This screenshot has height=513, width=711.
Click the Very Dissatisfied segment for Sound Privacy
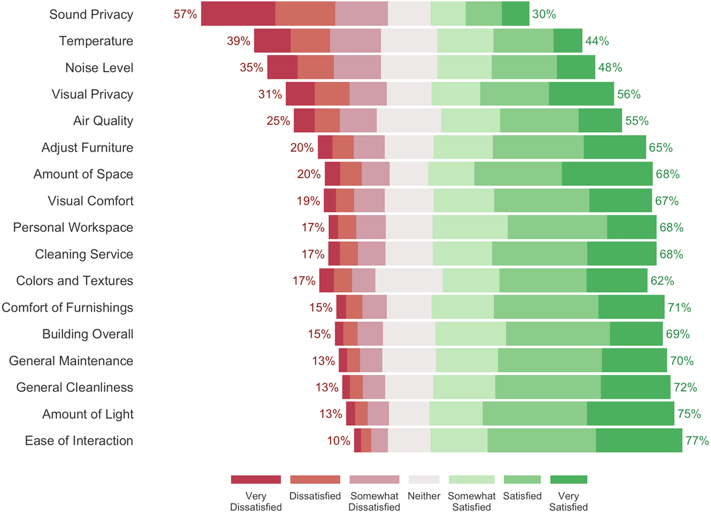pyautogui.click(x=238, y=14)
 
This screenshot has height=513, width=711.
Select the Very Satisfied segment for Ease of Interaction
pyautogui.click(x=639, y=441)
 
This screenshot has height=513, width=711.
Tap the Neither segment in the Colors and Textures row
pyautogui.click(x=409, y=281)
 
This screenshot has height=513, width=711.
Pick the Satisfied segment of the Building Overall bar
pyautogui.click(x=558, y=334)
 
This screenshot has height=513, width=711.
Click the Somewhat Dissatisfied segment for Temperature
pyautogui.click(x=355, y=41)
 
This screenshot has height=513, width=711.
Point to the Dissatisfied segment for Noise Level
pyautogui.click(x=316, y=68)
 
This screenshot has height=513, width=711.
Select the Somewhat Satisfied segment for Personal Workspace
pyautogui.click(x=470, y=227)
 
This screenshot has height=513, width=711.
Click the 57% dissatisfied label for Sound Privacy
pyautogui.click(x=185, y=14)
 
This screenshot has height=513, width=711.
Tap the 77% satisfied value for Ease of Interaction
pyautogui.click(x=697, y=441)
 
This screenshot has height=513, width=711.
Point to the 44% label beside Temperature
pyautogui.click(x=597, y=41)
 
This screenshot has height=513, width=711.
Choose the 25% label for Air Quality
pyautogui.click(x=278, y=121)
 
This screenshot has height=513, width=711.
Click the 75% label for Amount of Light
pyautogui.click(x=688, y=414)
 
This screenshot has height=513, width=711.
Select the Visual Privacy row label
pyautogui.click(x=92, y=94)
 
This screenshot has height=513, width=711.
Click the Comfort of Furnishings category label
pyautogui.click(x=67, y=307)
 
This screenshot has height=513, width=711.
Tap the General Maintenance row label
pyautogui.click(x=71, y=361)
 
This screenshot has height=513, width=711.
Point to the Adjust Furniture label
pyautogui.click(x=87, y=148)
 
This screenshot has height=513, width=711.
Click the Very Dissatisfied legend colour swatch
pyautogui.click(x=256, y=479)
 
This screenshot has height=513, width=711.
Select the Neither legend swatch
pyautogui.click(x=424, y=479)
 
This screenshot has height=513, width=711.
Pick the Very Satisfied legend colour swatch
pyautogui.click(x=568, y=479)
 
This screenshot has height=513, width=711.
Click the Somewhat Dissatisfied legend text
pyautogui.click(x=374, y=501)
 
